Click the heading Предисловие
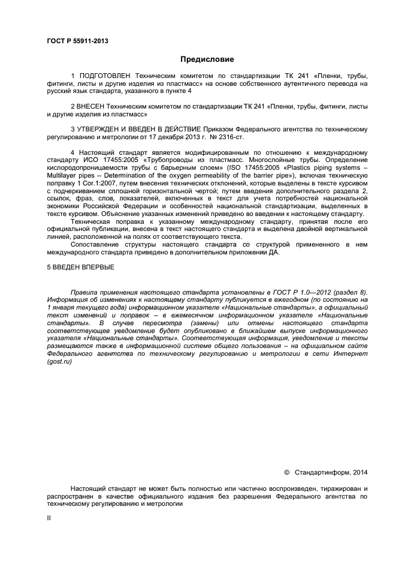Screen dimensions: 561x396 (207, 59)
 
